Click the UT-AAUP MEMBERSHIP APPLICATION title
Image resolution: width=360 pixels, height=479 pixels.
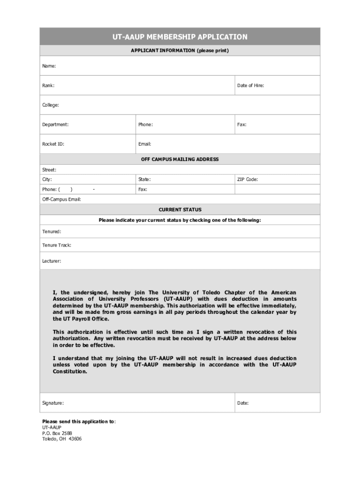pos(180,37)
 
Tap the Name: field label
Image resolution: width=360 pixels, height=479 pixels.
pos(49,66)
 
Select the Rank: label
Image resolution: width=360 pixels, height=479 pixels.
pos(48,86)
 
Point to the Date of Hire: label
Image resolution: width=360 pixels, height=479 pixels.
pos(250,86)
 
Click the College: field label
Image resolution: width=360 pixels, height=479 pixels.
pos(50,105)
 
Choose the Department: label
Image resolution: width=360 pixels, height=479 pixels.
pos(55,125)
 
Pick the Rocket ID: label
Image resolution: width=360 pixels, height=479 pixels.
pos(53,144)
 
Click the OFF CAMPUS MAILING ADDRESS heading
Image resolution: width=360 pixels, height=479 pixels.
pos(180,160)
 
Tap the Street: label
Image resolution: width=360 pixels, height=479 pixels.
pos(49,170)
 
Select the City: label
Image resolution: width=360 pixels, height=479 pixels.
pos(47,180)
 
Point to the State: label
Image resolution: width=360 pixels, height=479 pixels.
pos(144,180)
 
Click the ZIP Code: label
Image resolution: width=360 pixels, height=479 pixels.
pos(247,180)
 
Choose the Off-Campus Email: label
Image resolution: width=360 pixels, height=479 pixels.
pos(62,200)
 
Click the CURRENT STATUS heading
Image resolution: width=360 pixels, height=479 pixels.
pos(180,210)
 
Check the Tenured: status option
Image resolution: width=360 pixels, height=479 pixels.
pos(51,232)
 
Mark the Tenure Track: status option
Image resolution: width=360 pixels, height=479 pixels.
pos(57,245)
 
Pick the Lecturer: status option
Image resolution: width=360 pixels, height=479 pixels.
pos(51,261)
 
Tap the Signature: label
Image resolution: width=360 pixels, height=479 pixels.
pos(53,403)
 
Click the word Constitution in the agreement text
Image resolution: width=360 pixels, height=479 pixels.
pos(70,371)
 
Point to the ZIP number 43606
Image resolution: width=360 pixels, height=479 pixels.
pos(74,439)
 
